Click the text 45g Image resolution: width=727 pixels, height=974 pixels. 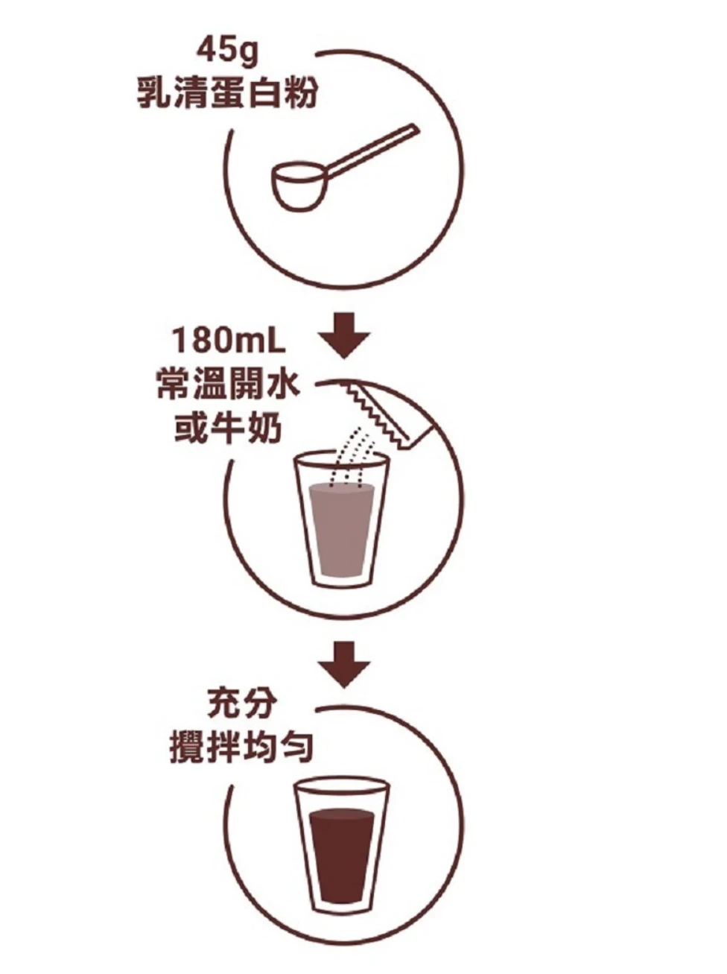[x=227, y=51]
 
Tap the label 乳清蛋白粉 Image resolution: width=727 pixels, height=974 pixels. [x=227, y=94]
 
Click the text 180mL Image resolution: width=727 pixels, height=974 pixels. [x=229, y=343]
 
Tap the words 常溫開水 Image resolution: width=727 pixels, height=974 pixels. [x=228, y=386]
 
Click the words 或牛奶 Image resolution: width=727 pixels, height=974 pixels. [x=228, y=429]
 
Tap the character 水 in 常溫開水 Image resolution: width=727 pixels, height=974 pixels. [x=282, y=386]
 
